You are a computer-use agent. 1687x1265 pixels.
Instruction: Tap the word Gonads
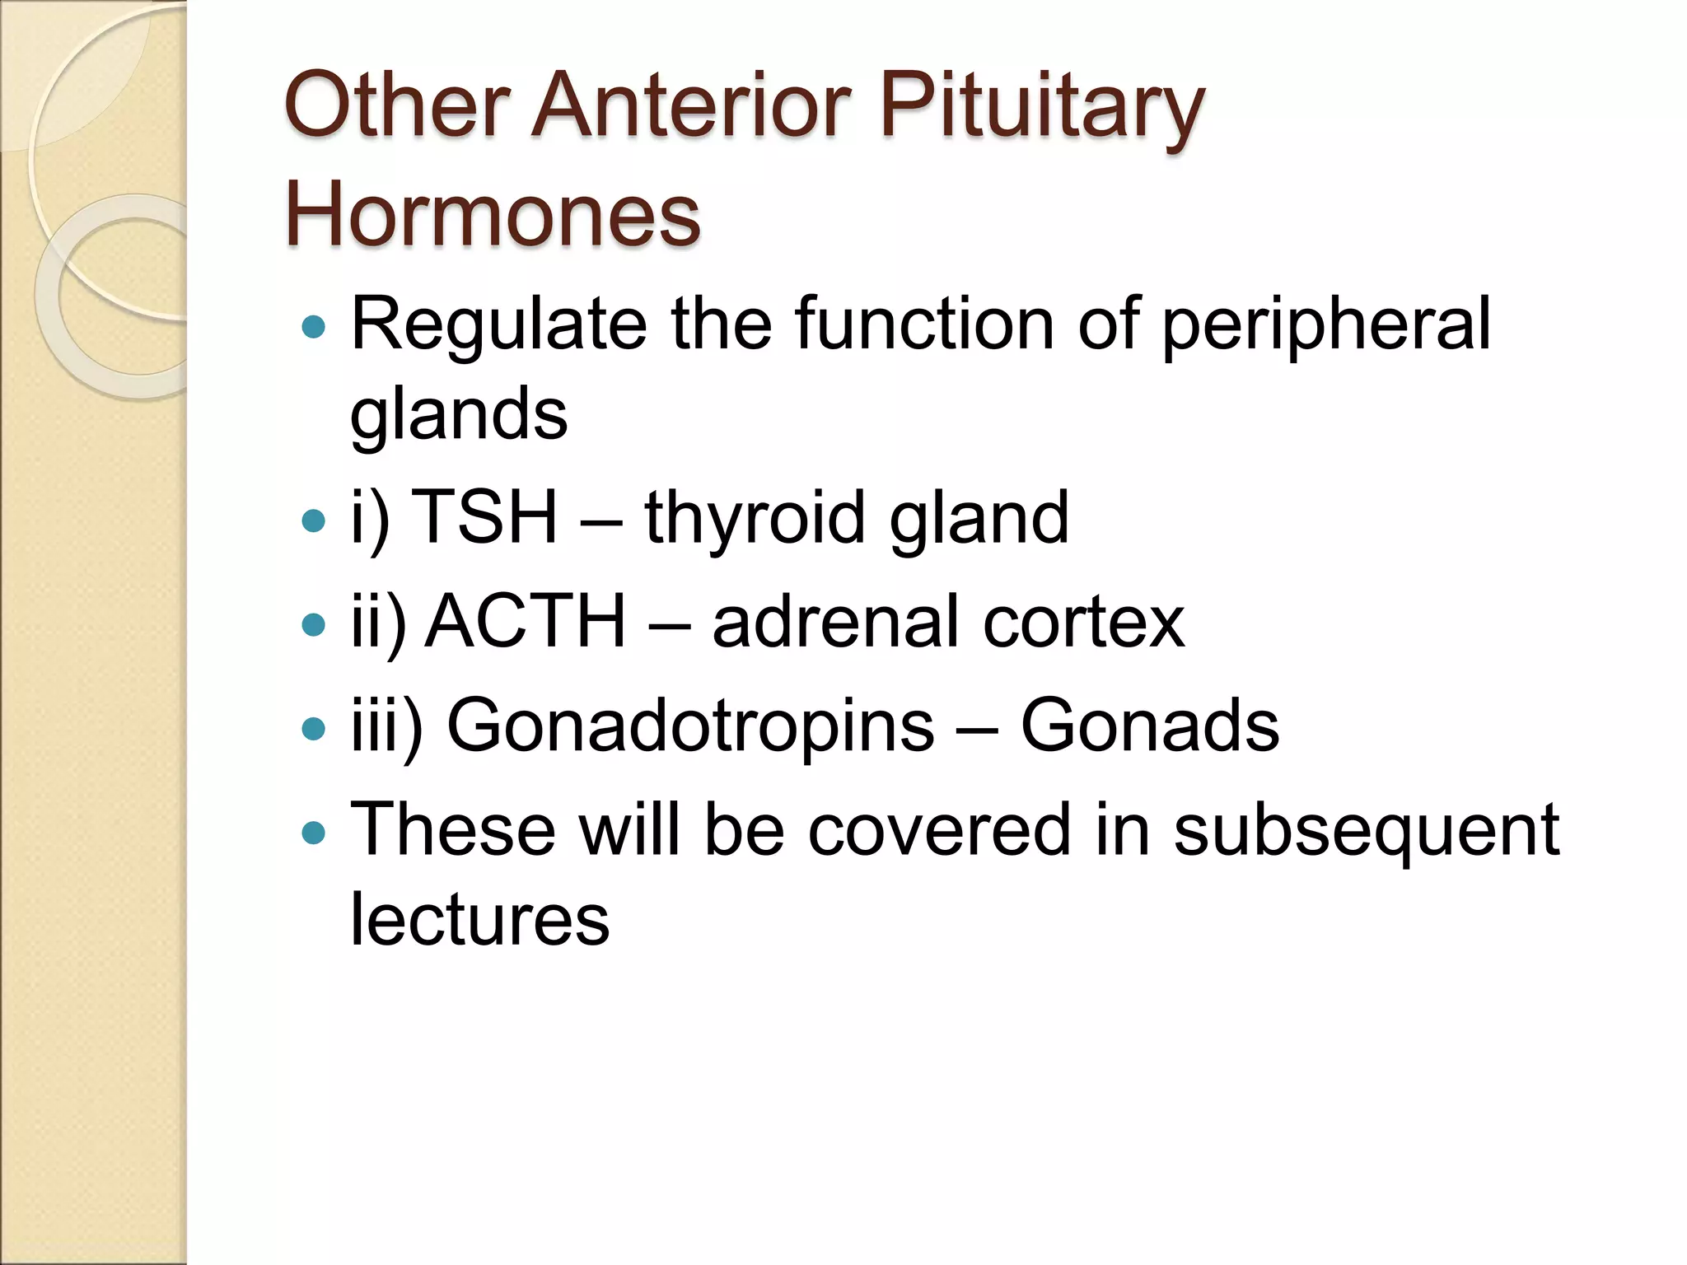pos(1150,726)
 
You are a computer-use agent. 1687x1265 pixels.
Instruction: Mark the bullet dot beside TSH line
pos(314,520)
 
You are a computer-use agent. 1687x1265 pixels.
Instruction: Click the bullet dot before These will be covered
pos(314,833)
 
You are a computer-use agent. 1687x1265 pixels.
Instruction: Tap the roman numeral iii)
pos(386,727)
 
